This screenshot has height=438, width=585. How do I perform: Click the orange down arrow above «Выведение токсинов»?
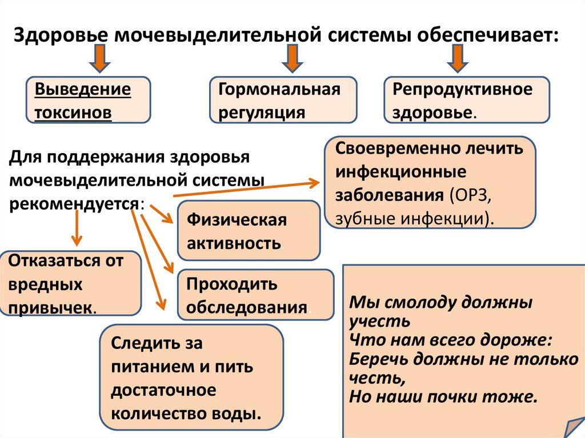[x=99, y=59]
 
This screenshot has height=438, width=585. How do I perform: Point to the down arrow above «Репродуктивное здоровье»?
[x=456, y=59]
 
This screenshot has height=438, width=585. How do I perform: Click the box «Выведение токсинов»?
[x=89, y=100]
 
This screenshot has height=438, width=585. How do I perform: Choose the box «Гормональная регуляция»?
[x=283, y=100]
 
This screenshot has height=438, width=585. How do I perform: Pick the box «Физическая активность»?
[x=249, y=231]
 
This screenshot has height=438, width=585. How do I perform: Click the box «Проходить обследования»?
[x=255, y=295]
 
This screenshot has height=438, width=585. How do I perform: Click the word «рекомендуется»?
[x=73, y=204]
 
